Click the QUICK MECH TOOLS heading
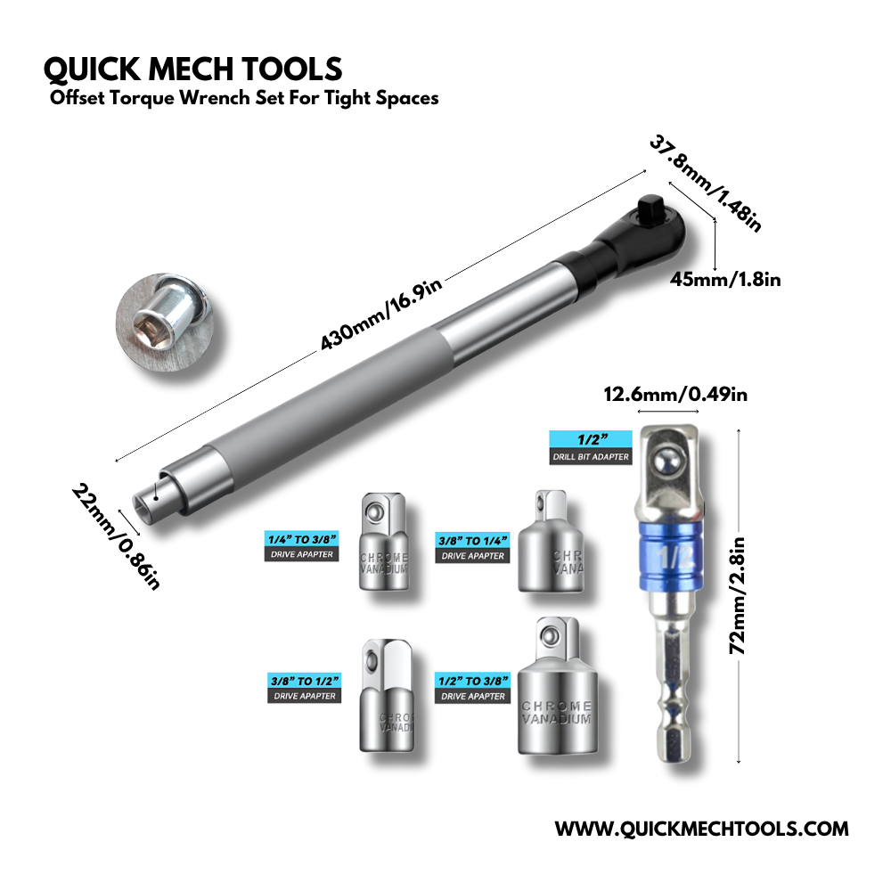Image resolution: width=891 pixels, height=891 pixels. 192,69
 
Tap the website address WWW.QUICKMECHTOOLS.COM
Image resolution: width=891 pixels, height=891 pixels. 701,829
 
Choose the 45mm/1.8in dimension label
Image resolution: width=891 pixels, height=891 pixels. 725,280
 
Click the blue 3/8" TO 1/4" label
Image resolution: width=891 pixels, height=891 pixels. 471,540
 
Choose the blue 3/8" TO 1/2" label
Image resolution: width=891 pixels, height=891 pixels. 303,681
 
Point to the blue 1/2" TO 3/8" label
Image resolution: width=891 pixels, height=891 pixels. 472,681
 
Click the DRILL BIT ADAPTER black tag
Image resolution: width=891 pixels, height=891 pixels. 590,457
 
